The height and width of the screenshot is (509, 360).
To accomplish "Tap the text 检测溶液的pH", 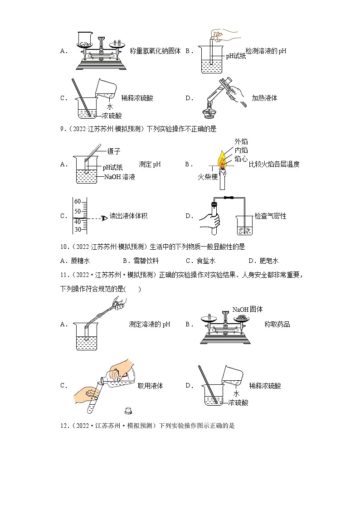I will pyautogui.click(x=266, y=51).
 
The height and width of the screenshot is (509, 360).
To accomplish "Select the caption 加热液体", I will pyautogui.click(x=264, y=98).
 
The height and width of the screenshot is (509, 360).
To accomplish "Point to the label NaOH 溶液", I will pyautogui.click(x=120, y=177).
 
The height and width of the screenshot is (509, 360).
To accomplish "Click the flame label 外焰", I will pyautogui.click(x=241, y=142).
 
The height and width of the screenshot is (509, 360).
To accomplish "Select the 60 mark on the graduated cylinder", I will pyautogui.click(x=77, y=201).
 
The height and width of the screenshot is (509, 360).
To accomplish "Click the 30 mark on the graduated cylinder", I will pyautogui.click(x=77, y=229).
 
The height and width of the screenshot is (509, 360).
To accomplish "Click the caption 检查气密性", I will pyautogui.click(x=270, y=216).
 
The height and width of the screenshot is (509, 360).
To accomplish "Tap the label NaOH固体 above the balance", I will pyautogui.click(x=248, y=309).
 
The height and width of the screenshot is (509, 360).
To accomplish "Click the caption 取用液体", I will pyautogui.click(x=150, y=386).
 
